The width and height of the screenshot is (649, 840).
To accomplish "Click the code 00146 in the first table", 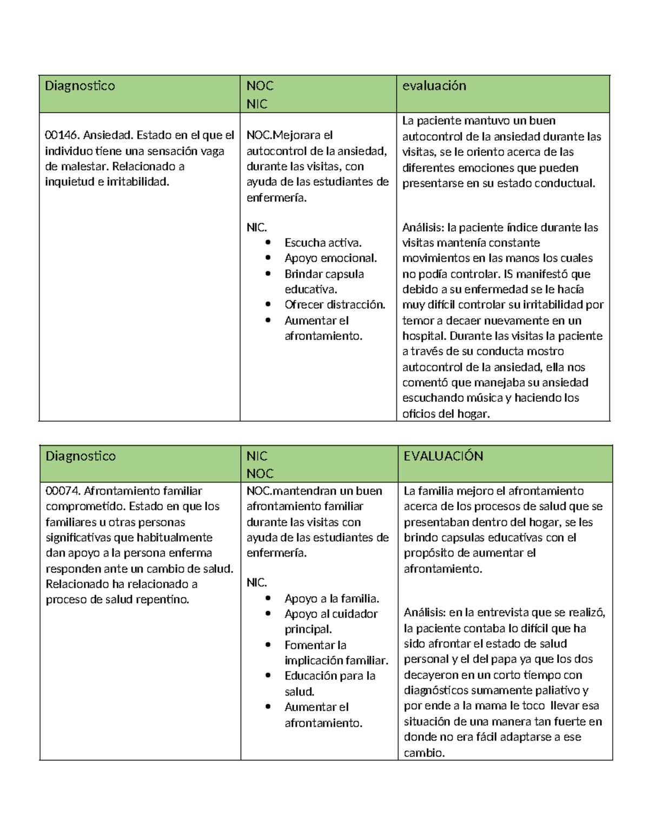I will [62, 135].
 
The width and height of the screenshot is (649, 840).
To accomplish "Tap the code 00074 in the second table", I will [63, 491].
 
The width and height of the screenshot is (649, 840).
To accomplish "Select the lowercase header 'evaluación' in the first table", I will [434, 85].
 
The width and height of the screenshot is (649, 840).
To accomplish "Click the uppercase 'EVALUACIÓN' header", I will [443, 456].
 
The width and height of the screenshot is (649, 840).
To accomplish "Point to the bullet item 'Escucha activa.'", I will [323, 243].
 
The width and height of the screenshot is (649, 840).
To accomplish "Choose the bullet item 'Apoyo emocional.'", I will [330, 258].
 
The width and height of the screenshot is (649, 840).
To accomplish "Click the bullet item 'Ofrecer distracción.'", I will [335, 305].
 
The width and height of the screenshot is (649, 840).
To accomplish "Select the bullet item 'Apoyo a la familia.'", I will [332, 598].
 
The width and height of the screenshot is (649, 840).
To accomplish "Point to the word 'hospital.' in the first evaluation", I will [424, 336].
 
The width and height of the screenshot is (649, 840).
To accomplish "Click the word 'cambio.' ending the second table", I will [424, 753].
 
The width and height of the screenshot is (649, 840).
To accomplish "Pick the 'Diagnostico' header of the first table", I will [80, 85].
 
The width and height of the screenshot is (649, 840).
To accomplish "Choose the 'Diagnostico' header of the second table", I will [80, 456].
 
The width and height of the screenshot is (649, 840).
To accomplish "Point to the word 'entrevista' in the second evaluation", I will [501, 613].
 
